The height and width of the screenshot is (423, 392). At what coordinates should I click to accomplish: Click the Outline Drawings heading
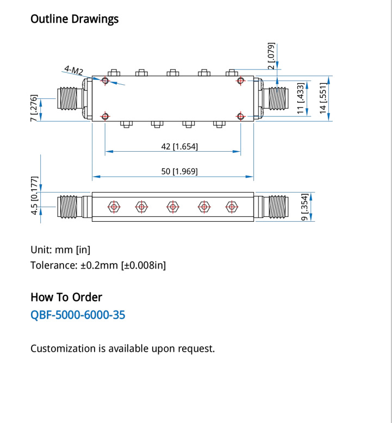[x=74, y=19]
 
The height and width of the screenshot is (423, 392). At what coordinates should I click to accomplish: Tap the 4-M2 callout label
[x=73, y=70]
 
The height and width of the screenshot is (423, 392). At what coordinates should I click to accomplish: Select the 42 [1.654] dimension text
[x=179, y=146]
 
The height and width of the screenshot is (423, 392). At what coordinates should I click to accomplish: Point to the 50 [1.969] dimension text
[x=179, y=171]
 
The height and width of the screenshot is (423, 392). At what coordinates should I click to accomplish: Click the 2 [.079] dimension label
[x=271, y=56]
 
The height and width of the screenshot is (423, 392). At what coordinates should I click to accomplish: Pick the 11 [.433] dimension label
[x=301, y=98]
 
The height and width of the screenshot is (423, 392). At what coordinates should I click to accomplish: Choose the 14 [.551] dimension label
[x=323, y=98]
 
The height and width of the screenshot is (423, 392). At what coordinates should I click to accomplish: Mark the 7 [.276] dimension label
[x=34, y=108]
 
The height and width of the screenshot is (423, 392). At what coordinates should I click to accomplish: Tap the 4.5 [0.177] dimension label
[x=34, y=196]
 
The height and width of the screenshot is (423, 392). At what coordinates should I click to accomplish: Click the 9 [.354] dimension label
[x=304, y=207]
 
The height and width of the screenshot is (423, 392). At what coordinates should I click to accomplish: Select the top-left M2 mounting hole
[x=105, y=80]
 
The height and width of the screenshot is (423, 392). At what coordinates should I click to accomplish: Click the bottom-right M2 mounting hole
[x=240, y=116]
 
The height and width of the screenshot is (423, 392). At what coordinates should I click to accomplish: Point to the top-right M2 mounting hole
[x=240, y=80]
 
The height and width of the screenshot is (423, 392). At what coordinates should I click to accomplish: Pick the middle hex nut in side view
[x=173, y=207]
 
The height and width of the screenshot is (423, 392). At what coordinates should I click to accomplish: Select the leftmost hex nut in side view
[x=114, y=207]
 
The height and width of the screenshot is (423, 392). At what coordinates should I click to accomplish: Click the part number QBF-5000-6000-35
[x=78, y=315]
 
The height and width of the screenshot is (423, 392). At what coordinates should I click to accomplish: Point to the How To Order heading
[x=66, y=297]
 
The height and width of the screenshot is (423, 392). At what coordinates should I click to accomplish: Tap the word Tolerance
[x=54, y=265]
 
